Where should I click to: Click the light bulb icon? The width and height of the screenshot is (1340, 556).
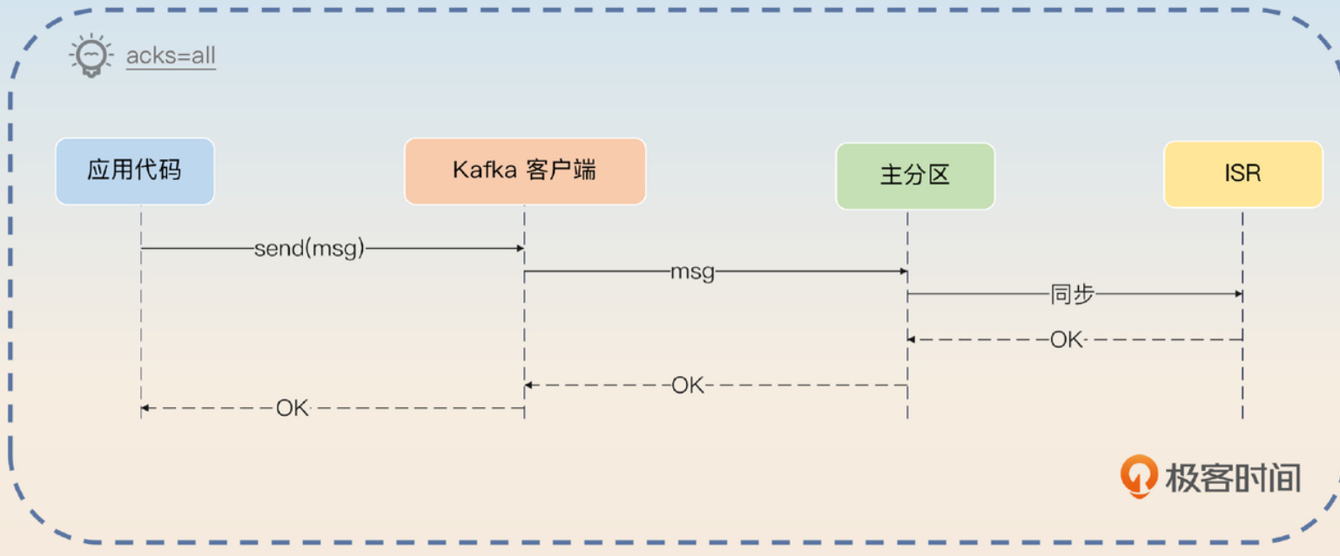coord(91,56)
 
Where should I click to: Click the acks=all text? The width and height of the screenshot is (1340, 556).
coord(171,56)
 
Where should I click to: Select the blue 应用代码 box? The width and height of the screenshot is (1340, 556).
coord(135,171)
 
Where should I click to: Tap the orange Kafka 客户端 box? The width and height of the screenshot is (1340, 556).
coord(525,171)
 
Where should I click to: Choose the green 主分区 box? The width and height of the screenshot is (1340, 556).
coord(915,176)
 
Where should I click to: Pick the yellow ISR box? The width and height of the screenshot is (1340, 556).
coord(1243,174)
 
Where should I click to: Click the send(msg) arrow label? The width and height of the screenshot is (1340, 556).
coord(309,248)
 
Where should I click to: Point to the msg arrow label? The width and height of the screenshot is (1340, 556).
coord(692,272)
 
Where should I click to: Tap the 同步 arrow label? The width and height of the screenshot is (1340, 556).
coord(1073,294)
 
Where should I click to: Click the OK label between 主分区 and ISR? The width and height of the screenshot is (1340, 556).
coord(1067,339)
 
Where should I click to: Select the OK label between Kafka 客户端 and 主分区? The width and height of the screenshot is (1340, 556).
coord(688,385)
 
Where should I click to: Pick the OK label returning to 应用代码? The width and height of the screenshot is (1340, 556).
coord(292,408)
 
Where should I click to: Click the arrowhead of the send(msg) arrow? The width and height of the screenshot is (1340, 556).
coord(521,248)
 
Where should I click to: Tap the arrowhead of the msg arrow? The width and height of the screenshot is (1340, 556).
coord(903,271)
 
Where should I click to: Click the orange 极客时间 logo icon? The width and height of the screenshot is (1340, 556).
coord(1138,477)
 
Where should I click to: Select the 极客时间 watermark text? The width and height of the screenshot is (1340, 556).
coord(1233,478)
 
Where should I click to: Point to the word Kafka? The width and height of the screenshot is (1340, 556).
coord(485,170)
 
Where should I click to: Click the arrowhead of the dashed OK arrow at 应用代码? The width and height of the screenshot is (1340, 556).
coord(145,408)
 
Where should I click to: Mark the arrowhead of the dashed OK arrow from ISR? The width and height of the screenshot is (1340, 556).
coord(912,339)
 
